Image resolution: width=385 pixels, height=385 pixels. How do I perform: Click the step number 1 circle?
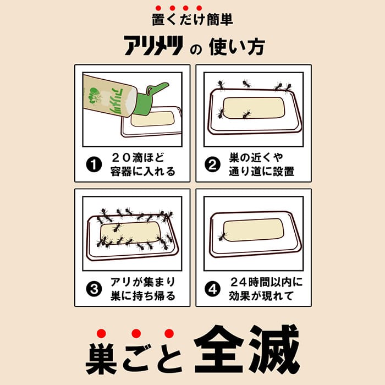[x=94, y=164]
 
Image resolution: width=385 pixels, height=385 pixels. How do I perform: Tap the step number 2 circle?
[x=212, y=164]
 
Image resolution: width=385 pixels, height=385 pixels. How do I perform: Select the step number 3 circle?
[x=94, y=289]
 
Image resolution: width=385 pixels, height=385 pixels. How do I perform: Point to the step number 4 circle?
[x=212, y=289]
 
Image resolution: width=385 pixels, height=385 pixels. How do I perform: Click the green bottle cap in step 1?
[x=150, y=98]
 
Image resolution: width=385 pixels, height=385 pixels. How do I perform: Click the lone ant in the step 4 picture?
[x=222, y=237]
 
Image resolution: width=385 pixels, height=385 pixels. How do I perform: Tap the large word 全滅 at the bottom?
[x=247, y=349]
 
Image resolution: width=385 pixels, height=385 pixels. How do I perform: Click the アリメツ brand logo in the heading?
[x=153, y=46]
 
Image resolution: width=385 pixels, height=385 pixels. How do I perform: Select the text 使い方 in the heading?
[x=237, y=46]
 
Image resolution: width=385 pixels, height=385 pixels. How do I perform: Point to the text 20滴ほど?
[x=138, y=158]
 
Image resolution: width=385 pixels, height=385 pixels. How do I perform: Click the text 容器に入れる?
[x=142, y=172]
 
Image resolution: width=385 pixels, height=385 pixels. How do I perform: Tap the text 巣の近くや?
[x=256, y=158]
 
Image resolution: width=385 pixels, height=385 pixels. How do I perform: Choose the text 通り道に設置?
[x=261, y=172]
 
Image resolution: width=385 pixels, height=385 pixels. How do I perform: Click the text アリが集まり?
[x=142, y=282]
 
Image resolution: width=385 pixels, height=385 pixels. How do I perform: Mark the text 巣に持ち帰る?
[x=142, y=296]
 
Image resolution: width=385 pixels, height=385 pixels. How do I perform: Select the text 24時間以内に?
[x=266, y=282]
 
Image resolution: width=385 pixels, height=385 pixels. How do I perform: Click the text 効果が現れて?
[x=261, y=296]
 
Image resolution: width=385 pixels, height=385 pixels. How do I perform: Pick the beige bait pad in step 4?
[x=254, y=230]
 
